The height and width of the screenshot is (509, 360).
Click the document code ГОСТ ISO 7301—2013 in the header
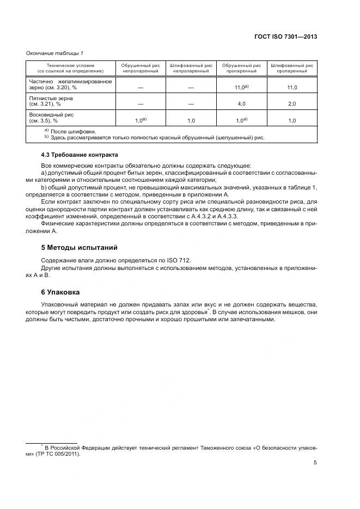(285, 37)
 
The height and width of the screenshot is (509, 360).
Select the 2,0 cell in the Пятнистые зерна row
(291, 103)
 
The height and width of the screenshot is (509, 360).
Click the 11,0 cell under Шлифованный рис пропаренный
(291, 87)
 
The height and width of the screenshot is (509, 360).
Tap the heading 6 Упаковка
(61, 292)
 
